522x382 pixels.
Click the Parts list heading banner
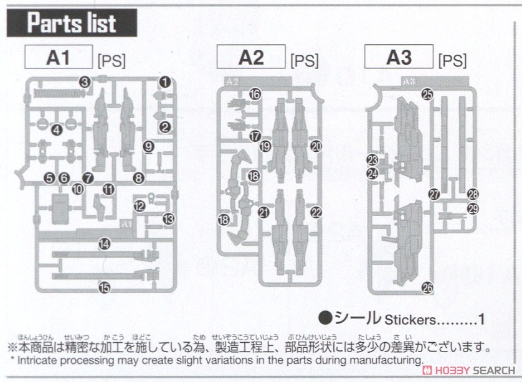(72, 23)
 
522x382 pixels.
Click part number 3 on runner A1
(85, 82)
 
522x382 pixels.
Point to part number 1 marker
(164, 82)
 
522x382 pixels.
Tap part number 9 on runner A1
(148, 147)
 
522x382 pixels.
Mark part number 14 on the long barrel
(104, 245)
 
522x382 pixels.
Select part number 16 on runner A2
(254, 94)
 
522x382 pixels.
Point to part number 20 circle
(316, 146)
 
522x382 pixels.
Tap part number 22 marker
(316, 212)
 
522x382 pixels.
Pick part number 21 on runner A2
(263, 212)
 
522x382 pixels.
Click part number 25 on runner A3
(427, 95)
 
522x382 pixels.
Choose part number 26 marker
(427, 287)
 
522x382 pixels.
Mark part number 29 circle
(473, 209)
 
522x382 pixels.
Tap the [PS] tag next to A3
(452, 61)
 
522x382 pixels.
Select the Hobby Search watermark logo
(473, 370)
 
